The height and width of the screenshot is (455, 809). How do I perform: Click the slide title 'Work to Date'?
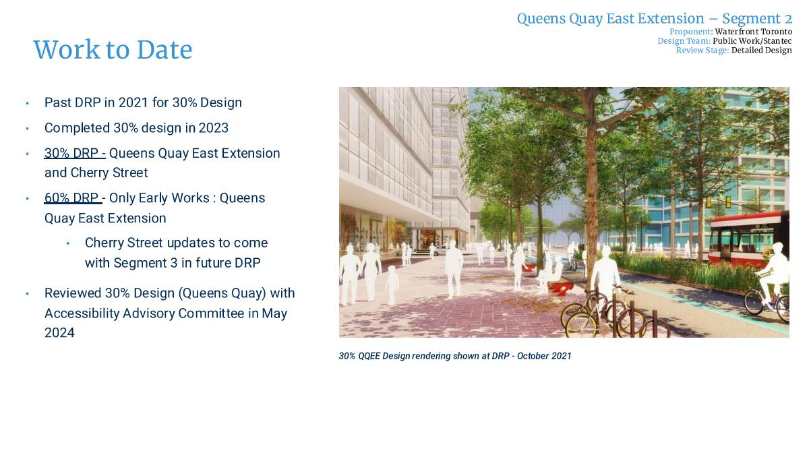coord(113,49)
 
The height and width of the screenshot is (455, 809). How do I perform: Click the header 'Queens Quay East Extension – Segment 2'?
coord(655,19)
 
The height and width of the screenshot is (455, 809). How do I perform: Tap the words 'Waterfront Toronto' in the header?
coord(754,32)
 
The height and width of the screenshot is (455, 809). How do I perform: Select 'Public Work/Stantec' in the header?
coord(752,41)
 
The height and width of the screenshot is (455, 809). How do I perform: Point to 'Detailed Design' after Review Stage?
coord(761,51)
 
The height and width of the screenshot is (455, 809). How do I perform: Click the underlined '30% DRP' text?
coord(71,154)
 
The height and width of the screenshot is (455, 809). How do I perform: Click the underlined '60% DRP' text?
coord(71,198)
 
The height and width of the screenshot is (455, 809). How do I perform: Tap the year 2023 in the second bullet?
coord(213,128)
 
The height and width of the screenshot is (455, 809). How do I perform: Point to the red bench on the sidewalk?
coord(560,288)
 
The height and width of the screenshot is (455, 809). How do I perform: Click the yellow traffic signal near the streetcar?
coord(728,202)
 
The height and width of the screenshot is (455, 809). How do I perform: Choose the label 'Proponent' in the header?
coord(690,32)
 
